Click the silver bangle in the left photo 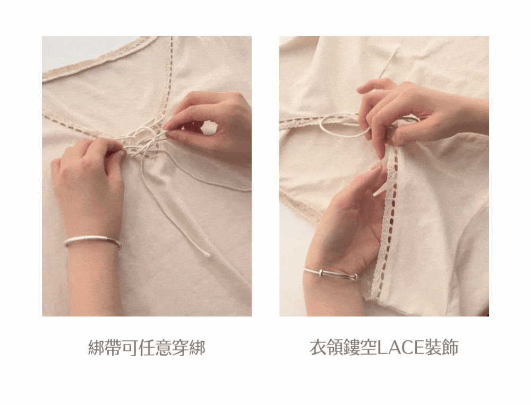[92, 240]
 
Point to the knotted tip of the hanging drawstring [206, 253]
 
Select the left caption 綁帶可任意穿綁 [147, 348]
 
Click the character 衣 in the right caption [318, 348]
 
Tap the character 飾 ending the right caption [450, 348]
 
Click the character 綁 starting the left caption [96, 348]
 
